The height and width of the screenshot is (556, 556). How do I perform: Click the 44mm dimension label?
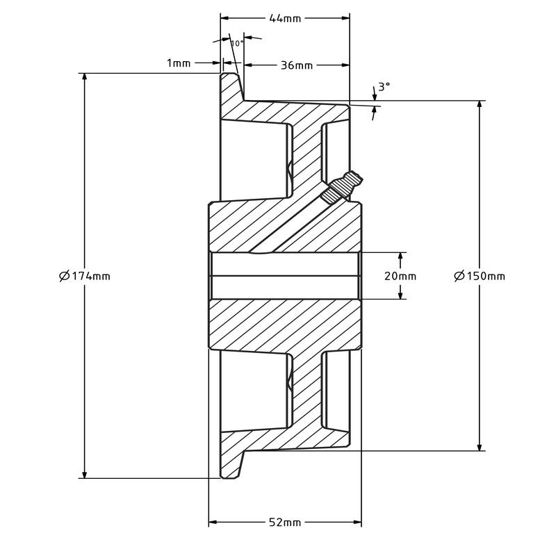[284, 19]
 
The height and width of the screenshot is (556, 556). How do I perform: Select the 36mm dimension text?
[296, 65]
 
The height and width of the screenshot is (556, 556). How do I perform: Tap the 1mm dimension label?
[179, 63]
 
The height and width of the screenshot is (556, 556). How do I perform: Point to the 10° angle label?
[237, 43]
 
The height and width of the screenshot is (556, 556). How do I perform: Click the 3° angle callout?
[384, 87]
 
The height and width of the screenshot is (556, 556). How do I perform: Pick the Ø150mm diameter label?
[480, 276]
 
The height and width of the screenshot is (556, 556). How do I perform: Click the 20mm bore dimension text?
[400, 276]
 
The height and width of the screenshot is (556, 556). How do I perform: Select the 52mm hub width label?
[284, 522]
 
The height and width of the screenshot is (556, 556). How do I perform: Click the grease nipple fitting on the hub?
[345, 185]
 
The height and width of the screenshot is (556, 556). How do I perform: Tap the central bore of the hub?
[284, 276]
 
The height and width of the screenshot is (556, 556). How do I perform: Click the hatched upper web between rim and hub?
[306, 153]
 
